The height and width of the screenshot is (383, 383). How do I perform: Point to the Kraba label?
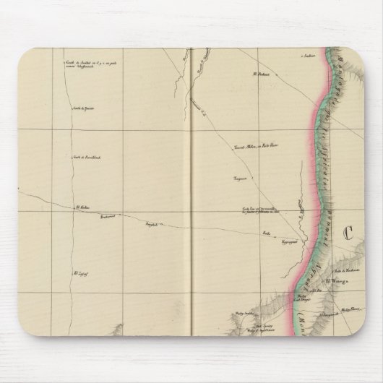tap(266, 235)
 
